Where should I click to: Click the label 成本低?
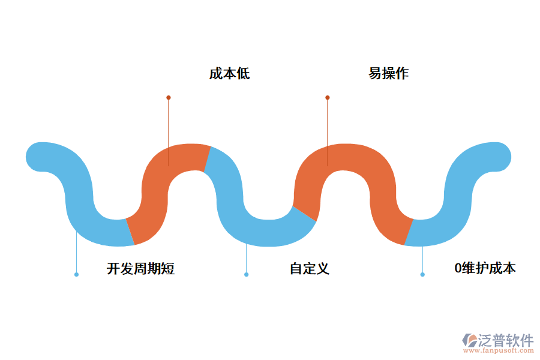click(x=229, y=74)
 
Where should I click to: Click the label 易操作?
click(x=388, y=74)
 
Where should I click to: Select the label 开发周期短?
click(x=140, y=269)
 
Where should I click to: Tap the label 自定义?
click(x=310, y=269)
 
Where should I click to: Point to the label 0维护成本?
click(x=485, y=269)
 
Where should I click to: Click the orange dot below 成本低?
click(x=169, y=97)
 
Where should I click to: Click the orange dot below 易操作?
click(x=328, y=97)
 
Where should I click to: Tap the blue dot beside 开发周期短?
click(x=76, y=274)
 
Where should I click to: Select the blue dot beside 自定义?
click(x=246, y=274)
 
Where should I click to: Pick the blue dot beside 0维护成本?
click(x=422, y=274)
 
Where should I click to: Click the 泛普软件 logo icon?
click(x=469, y=341)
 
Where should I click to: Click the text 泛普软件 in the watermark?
click(x=506, y=340)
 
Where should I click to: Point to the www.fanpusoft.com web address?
click(x=500, y=352)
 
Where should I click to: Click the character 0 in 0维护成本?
click(x=457, y=269)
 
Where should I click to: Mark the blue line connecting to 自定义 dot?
click(x=246, y=258)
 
